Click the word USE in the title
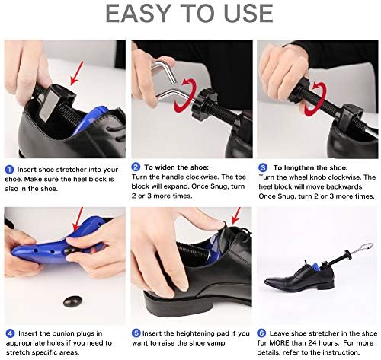(x=243, y=13)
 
